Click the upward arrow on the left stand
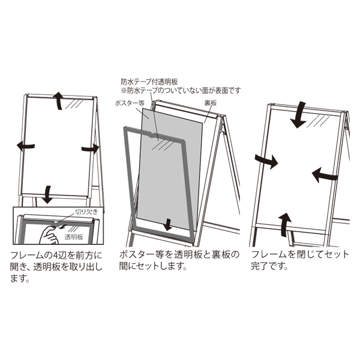[x=59, y=101]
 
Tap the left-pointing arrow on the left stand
[x=26, y=146]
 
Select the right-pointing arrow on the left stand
[x=91, y=149]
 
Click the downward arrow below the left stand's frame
[x=47, y=194]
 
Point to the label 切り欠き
[x=87, y=211]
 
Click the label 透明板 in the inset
[x=74, y=237]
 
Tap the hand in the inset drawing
[x=48, y=235]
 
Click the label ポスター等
[x=130, y=103]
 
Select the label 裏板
[x=211, y=103]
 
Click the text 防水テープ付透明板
[x=149, y=82]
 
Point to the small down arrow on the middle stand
[x=169, y=224]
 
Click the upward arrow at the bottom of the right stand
[x=284, y=225]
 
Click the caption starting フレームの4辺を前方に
[x=56, y=267]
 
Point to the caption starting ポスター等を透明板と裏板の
[x=179, y=260]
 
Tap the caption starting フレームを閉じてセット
[x=300, y=260]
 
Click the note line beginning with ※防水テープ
[x=181, y=91]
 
